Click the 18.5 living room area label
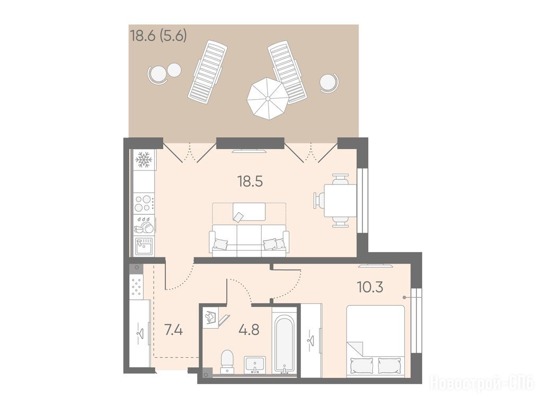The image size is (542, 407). tap(250, 181)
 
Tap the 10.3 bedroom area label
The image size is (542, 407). tap(370, 287)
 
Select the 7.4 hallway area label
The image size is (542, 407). tap(174, 330)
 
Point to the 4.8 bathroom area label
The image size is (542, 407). tap(249, 330)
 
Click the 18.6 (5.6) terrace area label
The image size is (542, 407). tap(158, 36)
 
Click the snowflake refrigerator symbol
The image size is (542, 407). tap(143, 160)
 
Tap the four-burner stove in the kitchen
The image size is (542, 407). tap(144, 203)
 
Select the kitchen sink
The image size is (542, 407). tap(144, 246)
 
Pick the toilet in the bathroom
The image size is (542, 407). tap(227, 362)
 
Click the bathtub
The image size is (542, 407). tap(285, 342)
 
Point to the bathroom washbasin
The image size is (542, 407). tap(255, 365)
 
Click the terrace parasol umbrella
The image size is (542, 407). tap(268, 99)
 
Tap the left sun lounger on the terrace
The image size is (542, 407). tap(207, 72)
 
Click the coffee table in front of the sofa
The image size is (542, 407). tap(249, 211)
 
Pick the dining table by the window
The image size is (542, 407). tap(340, 201)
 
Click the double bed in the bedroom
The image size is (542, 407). tap(376, 341)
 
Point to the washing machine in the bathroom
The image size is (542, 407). tap(210, 318)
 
